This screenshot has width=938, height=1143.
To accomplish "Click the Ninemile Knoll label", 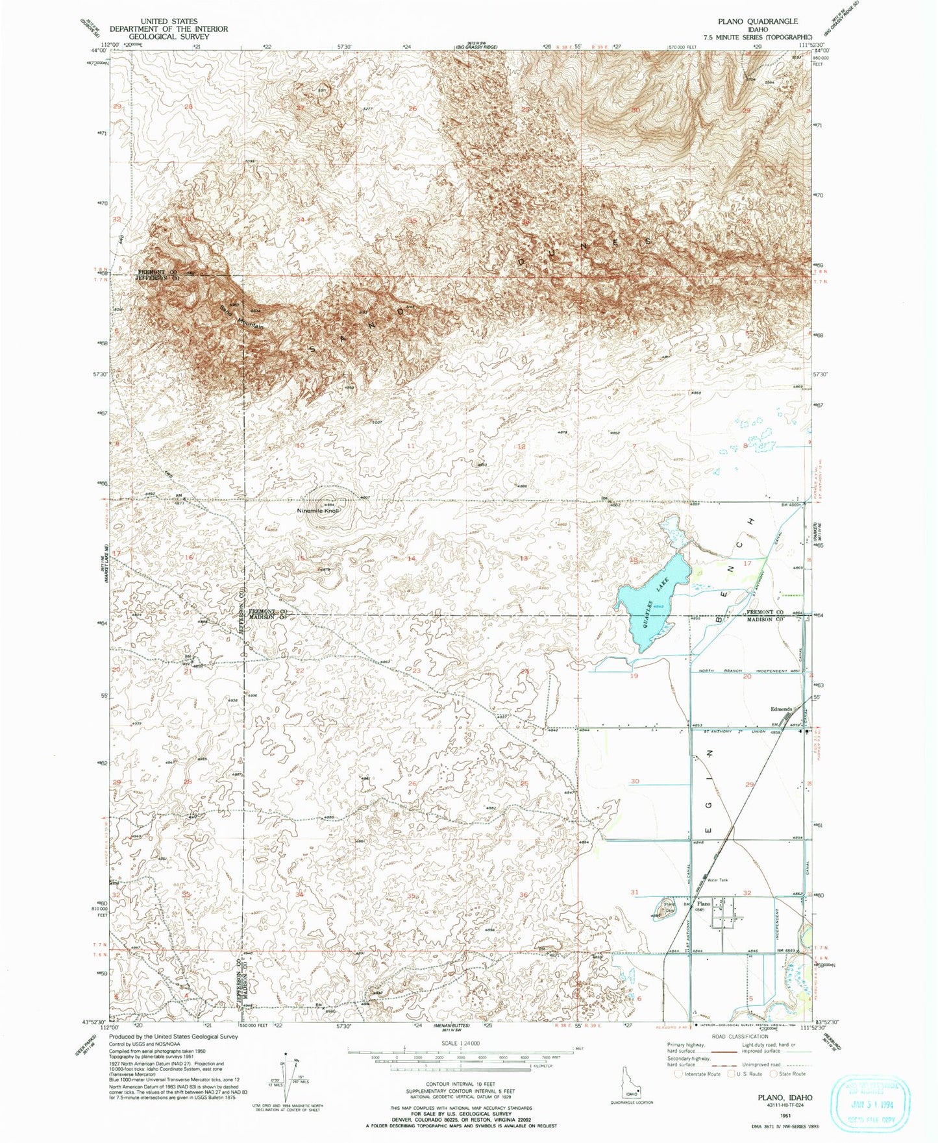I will (318, 511).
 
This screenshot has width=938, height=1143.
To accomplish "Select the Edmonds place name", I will (781, 709).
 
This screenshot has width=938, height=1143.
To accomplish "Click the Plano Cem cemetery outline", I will (667, 907).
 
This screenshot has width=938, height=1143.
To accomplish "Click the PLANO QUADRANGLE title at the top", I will (758, 21).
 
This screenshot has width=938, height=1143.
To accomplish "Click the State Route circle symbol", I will (773, 1074).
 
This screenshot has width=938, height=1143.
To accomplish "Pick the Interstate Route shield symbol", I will (679, 1074).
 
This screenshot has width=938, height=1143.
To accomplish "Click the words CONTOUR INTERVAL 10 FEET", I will (460, 1084).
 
